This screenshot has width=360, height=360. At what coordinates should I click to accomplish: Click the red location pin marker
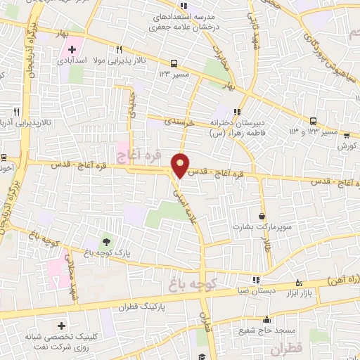coord(181,165)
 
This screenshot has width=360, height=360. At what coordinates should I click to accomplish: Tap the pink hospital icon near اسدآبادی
coord(72,49)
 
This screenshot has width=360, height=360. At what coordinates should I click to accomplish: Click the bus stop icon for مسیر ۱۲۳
coord(174,62)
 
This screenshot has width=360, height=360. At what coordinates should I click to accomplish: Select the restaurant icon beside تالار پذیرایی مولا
coord(119,49)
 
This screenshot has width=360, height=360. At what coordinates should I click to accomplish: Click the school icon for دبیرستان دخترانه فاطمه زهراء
coord(237,111)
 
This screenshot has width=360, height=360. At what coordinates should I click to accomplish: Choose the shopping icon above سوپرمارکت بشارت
coord(263,217)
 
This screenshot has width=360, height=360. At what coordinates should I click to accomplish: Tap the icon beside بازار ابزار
coord(299,284)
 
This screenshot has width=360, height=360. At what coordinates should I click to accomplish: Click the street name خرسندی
coord(179,121)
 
